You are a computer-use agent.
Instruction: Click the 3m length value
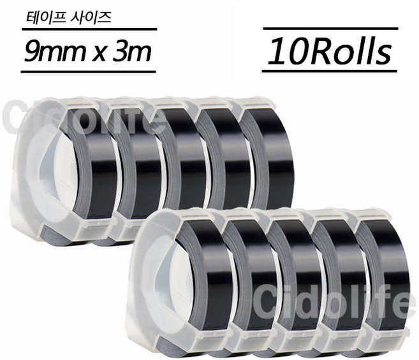(135, 51)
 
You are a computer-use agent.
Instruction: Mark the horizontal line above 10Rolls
(330, 29)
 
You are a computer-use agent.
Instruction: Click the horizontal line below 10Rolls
(330, 71)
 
